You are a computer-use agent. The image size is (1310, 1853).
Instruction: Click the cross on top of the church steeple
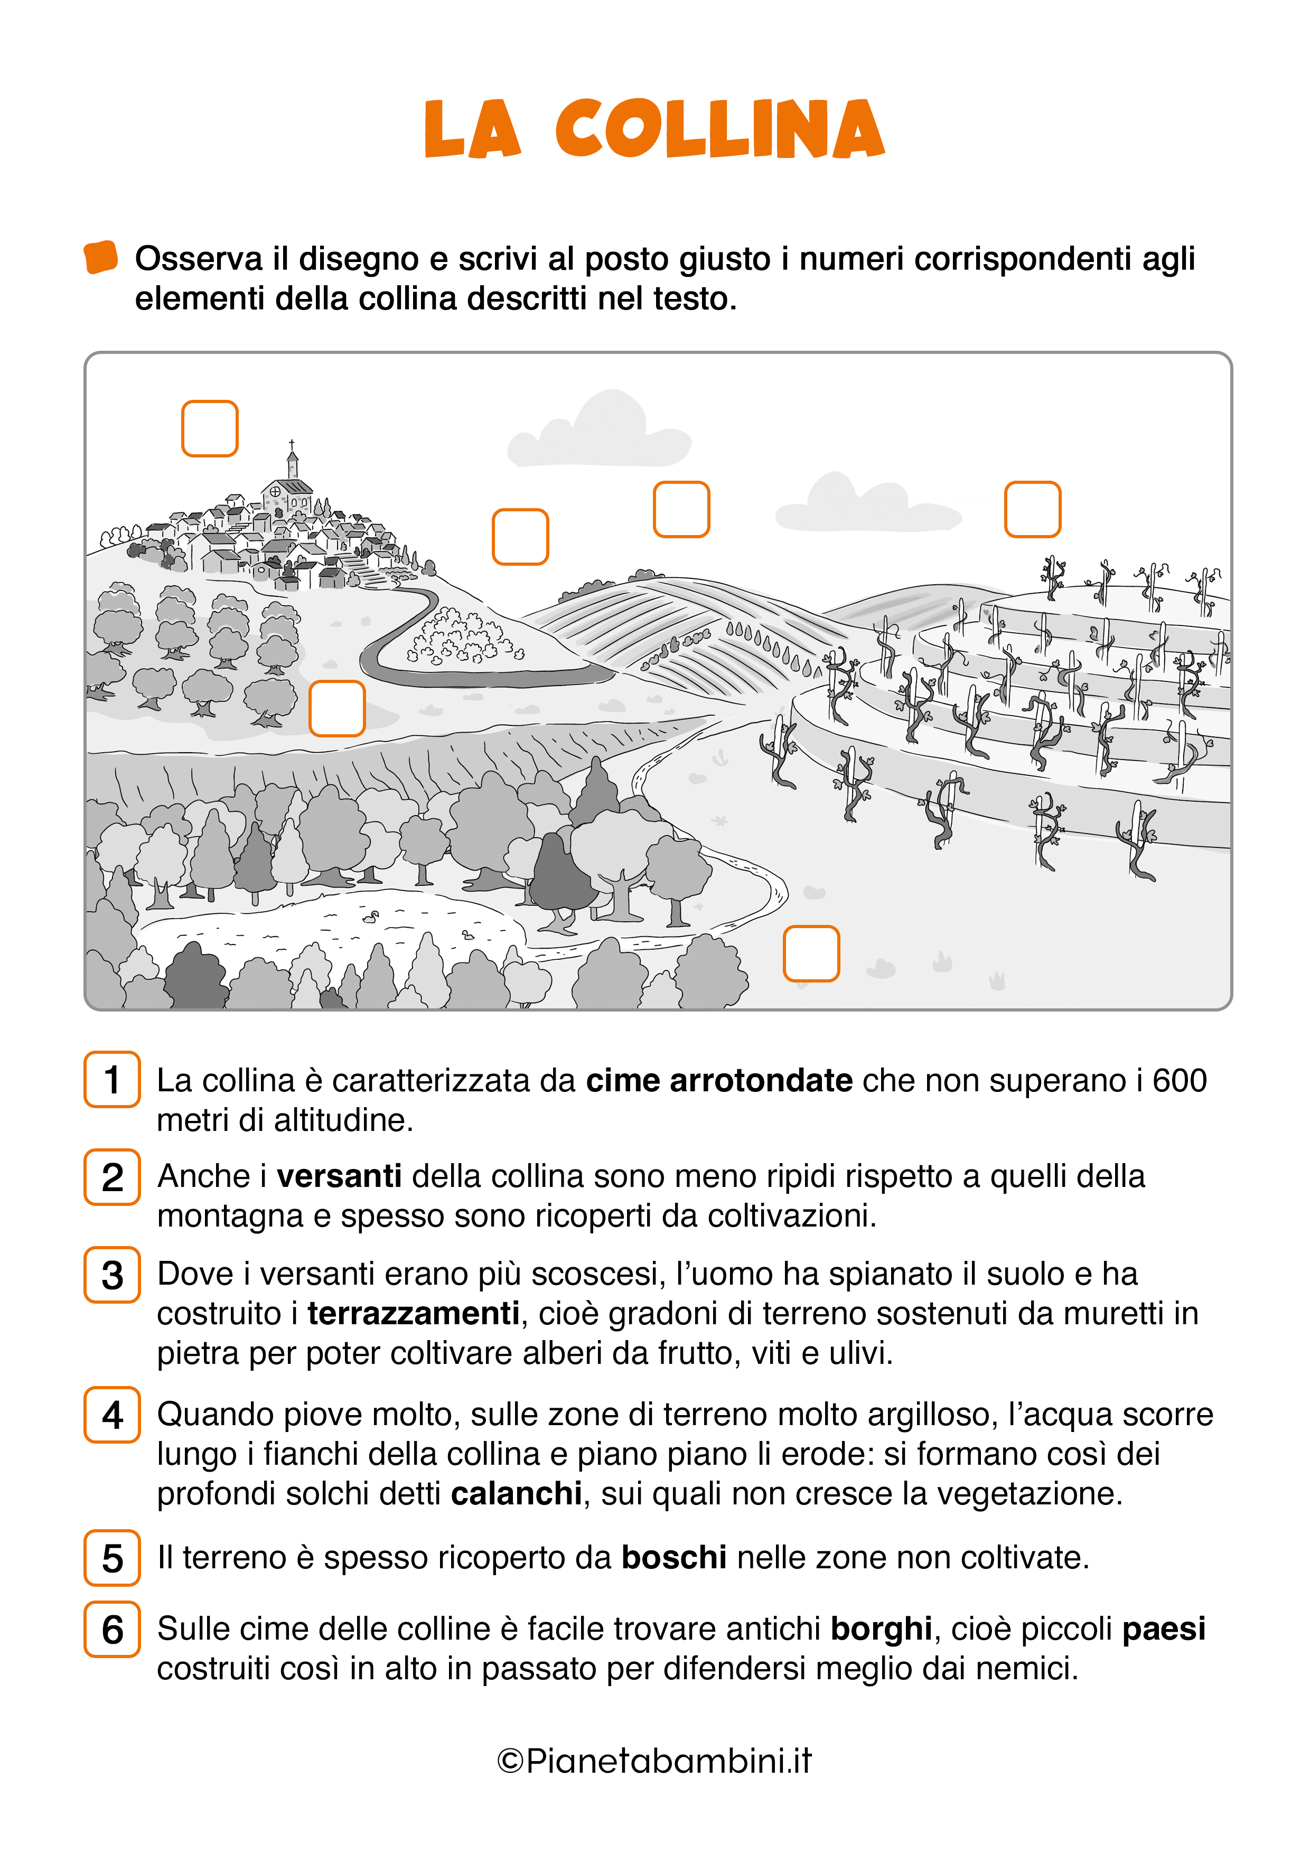[x=292, y=444]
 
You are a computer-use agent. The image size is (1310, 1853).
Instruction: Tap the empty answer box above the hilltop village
[x=210, y=428]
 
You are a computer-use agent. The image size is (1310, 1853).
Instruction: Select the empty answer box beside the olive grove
[x=338, y=708]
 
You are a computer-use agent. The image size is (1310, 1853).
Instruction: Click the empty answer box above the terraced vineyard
[x=1032, y=509]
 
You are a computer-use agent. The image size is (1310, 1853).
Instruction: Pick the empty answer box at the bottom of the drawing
[x=811, y=953]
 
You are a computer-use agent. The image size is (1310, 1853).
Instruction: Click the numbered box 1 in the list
[x=112, y=1080]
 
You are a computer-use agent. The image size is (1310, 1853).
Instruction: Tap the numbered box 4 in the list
[x=112, y=1415]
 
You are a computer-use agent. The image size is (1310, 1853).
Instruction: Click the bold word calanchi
[x=517, y=1494]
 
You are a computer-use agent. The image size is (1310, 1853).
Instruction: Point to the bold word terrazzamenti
[x=413, y=1313]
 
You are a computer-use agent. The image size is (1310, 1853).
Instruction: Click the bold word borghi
[x=882, y=1629]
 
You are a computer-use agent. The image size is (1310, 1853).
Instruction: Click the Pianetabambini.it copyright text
[x=654, y=1761]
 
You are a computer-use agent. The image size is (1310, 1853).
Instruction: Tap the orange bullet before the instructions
[x=101, y=257]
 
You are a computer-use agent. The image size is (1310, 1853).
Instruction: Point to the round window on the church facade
[x=275, y=491]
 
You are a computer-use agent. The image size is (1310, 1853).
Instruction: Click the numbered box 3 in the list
[x=112, y=1275]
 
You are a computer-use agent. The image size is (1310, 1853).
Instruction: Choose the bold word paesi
[x=1164, y=1629]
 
